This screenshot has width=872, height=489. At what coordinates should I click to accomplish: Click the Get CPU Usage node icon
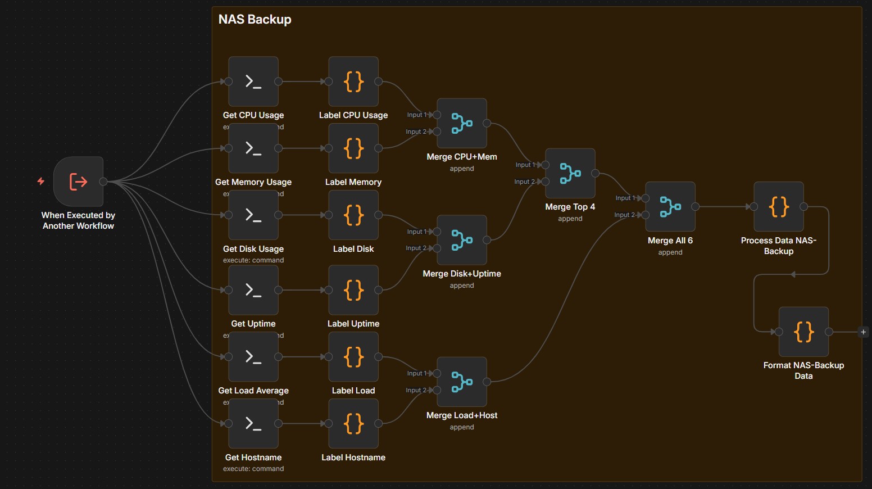click(253, 81)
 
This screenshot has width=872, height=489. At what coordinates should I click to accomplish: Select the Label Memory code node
click(353, 148)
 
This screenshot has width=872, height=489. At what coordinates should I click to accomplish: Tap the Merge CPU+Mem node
click(462, 123)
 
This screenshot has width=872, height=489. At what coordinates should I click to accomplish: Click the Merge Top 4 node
click(570, 173)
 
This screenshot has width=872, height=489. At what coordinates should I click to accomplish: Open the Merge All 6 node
click(670, 206)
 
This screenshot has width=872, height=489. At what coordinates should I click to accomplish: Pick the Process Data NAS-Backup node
click(779, 206)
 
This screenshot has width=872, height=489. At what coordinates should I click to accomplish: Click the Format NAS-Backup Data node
click(803, 332)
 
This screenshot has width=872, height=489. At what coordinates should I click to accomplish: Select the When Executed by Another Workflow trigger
click(78, 182)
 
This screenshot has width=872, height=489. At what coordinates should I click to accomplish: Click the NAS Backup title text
click(255, 20)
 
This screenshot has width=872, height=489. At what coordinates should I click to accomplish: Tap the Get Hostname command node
click(253, 423)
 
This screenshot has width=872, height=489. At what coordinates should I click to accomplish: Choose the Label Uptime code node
click(353, 290)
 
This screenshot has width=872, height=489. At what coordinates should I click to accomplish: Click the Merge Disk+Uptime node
click(462, 240)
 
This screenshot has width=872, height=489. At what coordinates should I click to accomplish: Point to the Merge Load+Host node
click(462, 382)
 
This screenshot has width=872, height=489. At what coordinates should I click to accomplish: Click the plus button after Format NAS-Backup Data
click(864, 332)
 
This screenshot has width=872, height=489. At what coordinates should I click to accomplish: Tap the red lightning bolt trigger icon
click(41, 181)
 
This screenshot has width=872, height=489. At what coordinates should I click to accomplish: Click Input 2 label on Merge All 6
click(624, 215)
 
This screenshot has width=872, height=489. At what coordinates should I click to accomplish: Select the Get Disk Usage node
click(253, 215)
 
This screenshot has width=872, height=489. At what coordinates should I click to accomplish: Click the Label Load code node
click(353, 357)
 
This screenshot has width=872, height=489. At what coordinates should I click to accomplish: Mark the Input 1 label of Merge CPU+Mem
click(416, 115)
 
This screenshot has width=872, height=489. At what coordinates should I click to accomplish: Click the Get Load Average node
click(253, 357)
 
